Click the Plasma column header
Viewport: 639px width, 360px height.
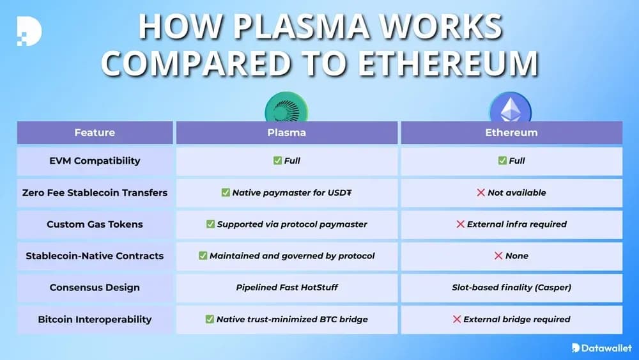point(286,133)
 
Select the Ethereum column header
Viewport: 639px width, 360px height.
point(511,133)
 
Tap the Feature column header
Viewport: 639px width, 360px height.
point(95,133)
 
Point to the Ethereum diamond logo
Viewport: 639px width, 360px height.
point(510,109)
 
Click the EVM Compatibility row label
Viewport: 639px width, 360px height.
point(95,160)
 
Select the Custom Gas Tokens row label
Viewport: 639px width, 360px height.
point(95,224)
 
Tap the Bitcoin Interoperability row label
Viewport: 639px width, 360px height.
point(95,319)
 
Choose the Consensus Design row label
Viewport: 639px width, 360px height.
point(95,287)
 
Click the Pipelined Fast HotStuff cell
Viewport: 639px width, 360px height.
point(286,287)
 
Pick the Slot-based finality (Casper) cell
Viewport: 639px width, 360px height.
point(511,287)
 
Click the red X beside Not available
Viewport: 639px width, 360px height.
point(481,192)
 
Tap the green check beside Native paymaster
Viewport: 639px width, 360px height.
point(226,192)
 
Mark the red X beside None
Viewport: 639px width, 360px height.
point(498,256)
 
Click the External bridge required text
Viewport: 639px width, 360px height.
point(516,319)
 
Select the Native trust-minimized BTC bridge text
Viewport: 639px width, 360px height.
point(292,319)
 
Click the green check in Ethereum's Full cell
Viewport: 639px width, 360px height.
point(502,160)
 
